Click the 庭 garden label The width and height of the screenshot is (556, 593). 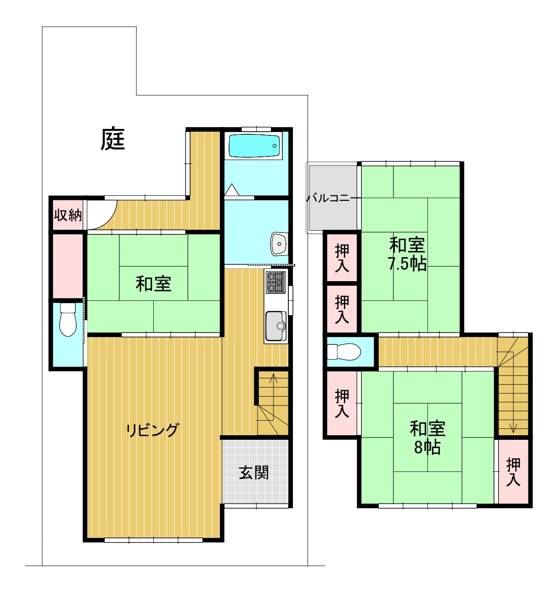112,139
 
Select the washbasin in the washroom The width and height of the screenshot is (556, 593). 279,244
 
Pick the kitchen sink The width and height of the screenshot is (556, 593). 275,326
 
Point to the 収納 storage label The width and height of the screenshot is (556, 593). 68,215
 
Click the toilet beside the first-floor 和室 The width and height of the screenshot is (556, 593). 68,319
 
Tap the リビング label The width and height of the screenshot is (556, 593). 152,430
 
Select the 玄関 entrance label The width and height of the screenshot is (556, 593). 254,473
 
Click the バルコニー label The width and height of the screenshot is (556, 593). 333,198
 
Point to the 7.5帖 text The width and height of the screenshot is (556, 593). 407,263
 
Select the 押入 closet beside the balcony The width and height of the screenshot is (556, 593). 342,258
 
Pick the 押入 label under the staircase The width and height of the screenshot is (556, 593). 513,471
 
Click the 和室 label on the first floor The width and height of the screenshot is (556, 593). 154,284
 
